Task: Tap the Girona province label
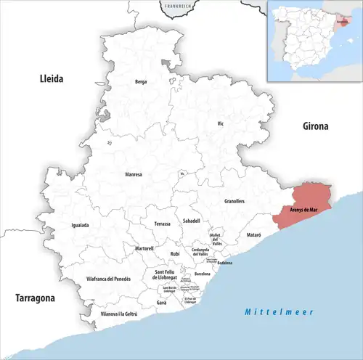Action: coord(316,126)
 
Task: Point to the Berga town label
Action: coord(141,82)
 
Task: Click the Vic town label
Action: coord(221,124)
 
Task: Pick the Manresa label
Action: coord(134,175)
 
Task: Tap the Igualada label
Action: coord(81,225)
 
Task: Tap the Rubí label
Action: coord(174,253)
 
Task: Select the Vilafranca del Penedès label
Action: coord(108,279)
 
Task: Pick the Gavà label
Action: coord(162,301)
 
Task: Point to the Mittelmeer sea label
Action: coord(278,311)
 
